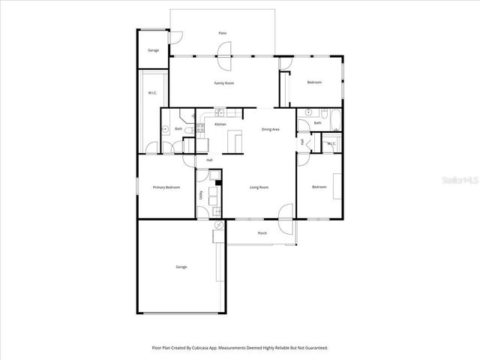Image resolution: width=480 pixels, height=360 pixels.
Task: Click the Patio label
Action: click(x=222, y=34)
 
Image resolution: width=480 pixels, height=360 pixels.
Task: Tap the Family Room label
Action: click(x=224, y=83)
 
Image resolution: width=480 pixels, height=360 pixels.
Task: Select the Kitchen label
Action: click(x=220, y=124)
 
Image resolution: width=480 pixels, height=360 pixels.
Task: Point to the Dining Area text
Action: click(x=271, y=130)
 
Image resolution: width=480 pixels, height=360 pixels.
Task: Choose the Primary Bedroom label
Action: click(x=166, y=187)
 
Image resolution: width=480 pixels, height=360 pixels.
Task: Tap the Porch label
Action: click(x=262, y=233)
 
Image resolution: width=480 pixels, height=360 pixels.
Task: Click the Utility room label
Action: click(x=201, y=195)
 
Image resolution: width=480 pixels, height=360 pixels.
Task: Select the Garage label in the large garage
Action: click(x=181, y=266)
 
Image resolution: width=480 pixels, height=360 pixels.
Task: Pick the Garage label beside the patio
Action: click(x=153, y=50)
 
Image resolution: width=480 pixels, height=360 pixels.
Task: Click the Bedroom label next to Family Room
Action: click(x=314, y=82)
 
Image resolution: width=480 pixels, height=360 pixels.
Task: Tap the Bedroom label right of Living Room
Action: click(x=319, y=187)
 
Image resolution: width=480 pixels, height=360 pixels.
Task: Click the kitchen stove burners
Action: click(x=200, y=127)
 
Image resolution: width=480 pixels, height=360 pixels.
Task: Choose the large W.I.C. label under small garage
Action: click(x=151, y=93)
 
